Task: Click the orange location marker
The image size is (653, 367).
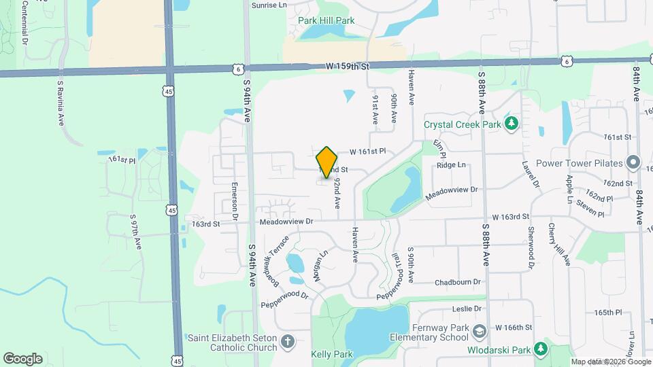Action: (x=327, y=162)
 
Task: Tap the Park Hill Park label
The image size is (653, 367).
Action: (x=326, y=21)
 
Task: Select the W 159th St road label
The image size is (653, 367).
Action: (x=347, y=67)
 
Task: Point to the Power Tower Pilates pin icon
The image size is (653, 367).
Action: (x=633, y=163)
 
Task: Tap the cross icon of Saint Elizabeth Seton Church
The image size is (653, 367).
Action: (x=288, y=341)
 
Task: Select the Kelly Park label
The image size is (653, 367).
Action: (x=332, y=355)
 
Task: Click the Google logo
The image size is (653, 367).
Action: (x=23, y=358)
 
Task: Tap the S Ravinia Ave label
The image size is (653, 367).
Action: (x=61, y=103)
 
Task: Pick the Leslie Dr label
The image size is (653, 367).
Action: (x=467, y=309)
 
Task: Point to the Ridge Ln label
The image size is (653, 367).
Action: (x=451, y=165)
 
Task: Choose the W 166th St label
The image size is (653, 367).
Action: (x=513, y=328)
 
